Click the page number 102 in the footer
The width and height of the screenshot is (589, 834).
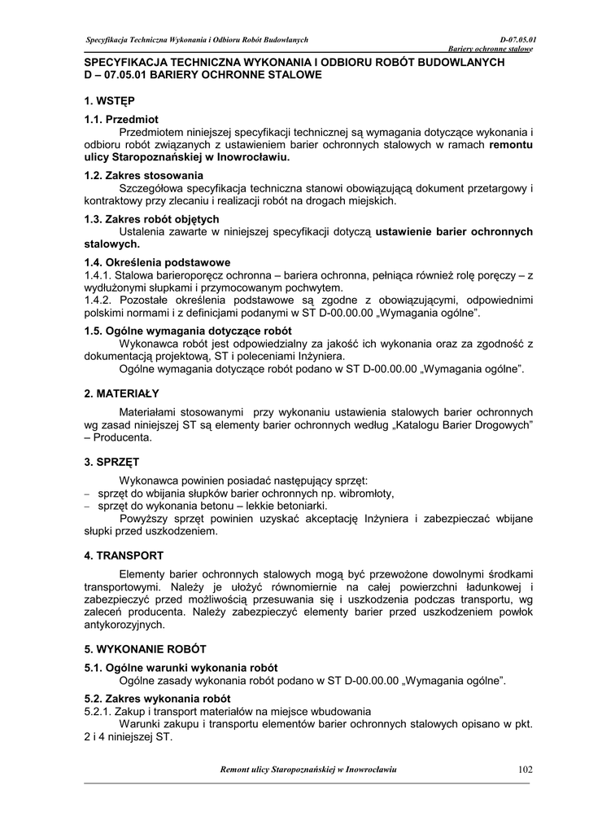(x=523, y=770)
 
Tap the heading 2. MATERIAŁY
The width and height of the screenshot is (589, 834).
(x=121, y=393)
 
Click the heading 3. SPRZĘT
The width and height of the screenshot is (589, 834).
(x=112, y=461)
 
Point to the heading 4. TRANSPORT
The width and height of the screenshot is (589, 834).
(x=124, y=555)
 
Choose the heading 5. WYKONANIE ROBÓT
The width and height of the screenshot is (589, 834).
(x=146, y=649)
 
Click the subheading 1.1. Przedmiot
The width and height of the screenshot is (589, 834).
(x=122, y=120)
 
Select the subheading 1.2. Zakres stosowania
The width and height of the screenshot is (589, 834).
(x=144, y=175)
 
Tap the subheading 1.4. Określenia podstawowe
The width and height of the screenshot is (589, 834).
(x=158, y=262)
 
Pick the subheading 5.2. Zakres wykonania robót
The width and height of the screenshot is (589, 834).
(x=157, y=698)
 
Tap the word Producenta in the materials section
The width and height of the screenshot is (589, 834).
(x=123, y=437)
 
